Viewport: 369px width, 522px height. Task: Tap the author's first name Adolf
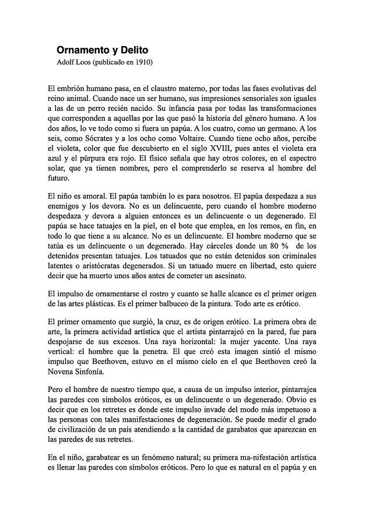point(66,62)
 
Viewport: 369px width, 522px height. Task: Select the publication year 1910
point(143,62)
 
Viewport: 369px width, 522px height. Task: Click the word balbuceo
point(179,303)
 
